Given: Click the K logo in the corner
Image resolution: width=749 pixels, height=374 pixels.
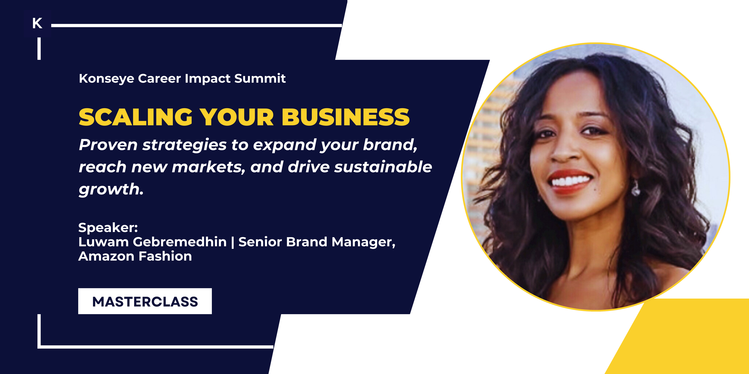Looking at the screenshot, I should (37, 23).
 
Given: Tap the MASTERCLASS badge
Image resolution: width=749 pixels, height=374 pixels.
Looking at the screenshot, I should (145, 301).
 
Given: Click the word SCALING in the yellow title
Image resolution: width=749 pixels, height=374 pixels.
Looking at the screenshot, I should (136, 117).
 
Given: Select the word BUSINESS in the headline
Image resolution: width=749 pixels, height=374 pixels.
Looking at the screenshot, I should (345, 117).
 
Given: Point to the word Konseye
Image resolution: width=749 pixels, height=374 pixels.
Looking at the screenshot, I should (106, 79).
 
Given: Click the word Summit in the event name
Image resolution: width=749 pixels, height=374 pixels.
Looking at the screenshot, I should (260, 78).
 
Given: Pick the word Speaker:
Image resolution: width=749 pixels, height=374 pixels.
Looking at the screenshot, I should (108, 227).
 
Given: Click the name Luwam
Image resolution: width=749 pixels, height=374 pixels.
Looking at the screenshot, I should (104, 242).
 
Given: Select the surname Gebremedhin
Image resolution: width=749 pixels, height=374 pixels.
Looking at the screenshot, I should (180, 242).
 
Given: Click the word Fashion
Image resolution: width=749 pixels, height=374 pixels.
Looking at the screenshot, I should (165, 256).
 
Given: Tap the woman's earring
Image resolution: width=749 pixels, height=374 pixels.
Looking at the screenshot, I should (636, 189).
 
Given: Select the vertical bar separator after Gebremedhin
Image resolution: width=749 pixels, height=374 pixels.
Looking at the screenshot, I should (233, 242).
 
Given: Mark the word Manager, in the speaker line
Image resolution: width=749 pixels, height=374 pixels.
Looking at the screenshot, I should (364, 242).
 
